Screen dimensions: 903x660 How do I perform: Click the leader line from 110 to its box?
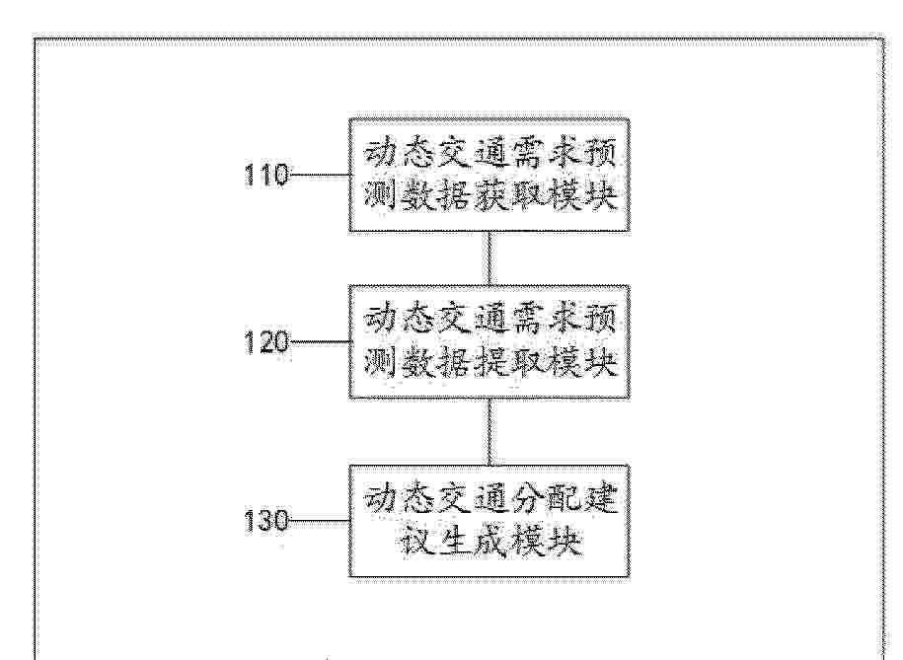(x=319, y=175)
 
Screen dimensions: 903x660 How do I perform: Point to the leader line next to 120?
(x=319, y=342)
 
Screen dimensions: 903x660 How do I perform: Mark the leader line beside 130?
(x=319, y=522)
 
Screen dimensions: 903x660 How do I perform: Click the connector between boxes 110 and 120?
(x=489, y=258)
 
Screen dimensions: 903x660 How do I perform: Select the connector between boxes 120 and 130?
(x=489, y=431)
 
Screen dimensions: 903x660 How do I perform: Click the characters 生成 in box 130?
(x=471, y=542)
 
